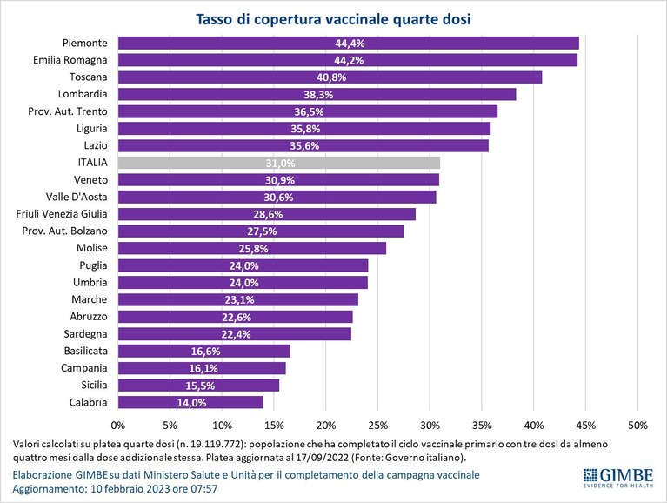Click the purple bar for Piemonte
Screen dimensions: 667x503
click(x=349, y=43)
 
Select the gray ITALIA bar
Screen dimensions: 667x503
click(x=279, y=163)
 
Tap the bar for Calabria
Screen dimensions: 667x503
click(x=190, y=402)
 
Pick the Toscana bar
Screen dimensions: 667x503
click(x=330, y=77)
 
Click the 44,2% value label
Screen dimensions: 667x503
click(x=349, y=60)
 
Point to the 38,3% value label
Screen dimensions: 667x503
click(x=318, y=95)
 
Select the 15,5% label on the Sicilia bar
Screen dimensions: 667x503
click(x=200, y=386)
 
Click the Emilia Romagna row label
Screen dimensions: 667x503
click(x=70, y=60)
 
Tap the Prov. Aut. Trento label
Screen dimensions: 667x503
click(x=68, y=111)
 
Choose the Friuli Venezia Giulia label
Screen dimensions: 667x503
click(x=62, y=214)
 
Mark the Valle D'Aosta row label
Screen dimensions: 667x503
click(x=77, y=197)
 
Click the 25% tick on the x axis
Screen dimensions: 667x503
click(x=377, y=426)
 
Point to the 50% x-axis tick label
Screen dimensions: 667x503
click(x=637, y=426)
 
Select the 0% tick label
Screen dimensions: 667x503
click(x=117, y=426)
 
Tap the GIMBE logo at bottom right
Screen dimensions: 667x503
click(x=618, y=478)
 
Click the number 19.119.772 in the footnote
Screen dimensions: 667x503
click(x=220, y=445)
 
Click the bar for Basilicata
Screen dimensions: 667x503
click(x=204, y=351)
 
